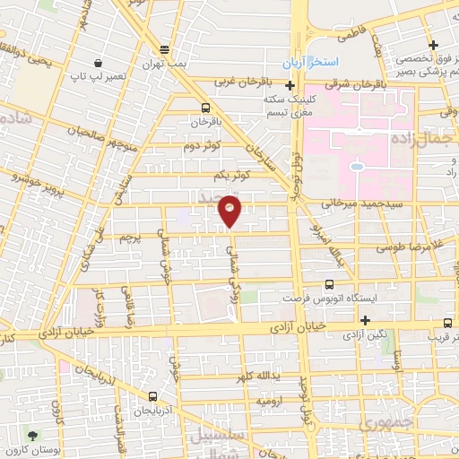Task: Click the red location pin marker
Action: tap(231, 212)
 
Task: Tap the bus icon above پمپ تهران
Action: tap(163, 50)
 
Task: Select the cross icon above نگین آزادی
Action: tap(365, 321)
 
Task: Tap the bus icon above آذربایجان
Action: tap(154, 394)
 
